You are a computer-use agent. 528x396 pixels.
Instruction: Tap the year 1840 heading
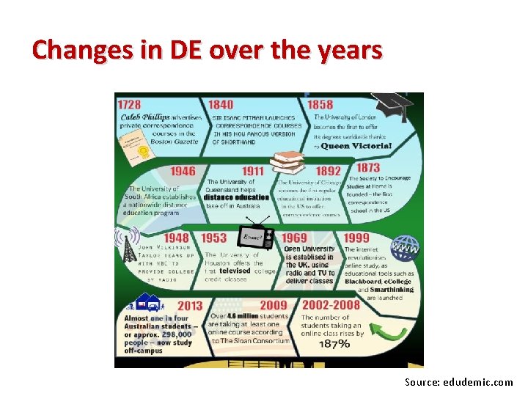[x=221, y=105]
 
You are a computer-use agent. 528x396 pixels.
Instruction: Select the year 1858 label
[x=320, y=105]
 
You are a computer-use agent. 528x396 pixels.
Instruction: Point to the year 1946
[x=183, y=171]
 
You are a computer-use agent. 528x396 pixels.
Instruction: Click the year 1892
[x=328, y=171]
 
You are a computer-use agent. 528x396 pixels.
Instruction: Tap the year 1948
[x=176, y=238]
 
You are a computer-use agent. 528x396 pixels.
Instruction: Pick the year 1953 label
[x=213, y=238]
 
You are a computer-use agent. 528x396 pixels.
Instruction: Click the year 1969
[x=294, y=238]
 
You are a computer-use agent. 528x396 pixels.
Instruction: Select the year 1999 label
[x=356, y=238]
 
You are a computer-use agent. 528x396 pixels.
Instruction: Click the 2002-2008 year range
[x=331, y=305]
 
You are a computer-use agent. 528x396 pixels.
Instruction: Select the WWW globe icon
[x=404, y=249]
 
